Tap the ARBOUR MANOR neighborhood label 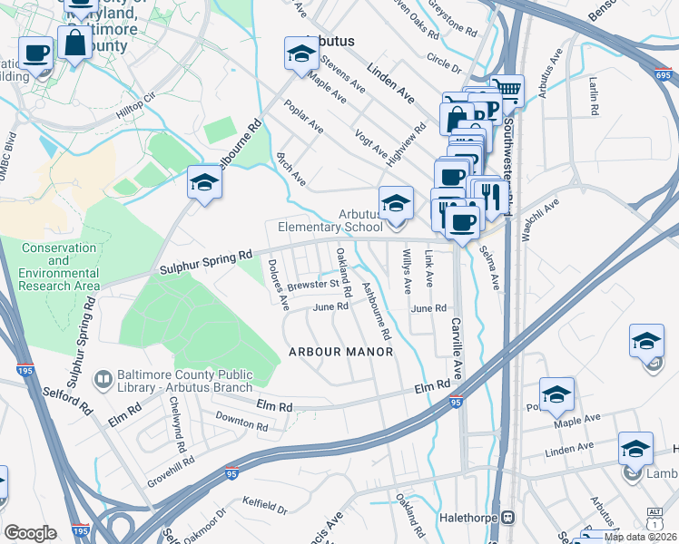(x=340, y=352)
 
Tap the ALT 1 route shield (x=654, y=515)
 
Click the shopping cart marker (x=508, y=89)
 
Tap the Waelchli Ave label (x=541, y=220)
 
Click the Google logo (x=30, y=533)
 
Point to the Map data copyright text (x=639, y=537)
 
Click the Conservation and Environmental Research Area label (x=60, y=267)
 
